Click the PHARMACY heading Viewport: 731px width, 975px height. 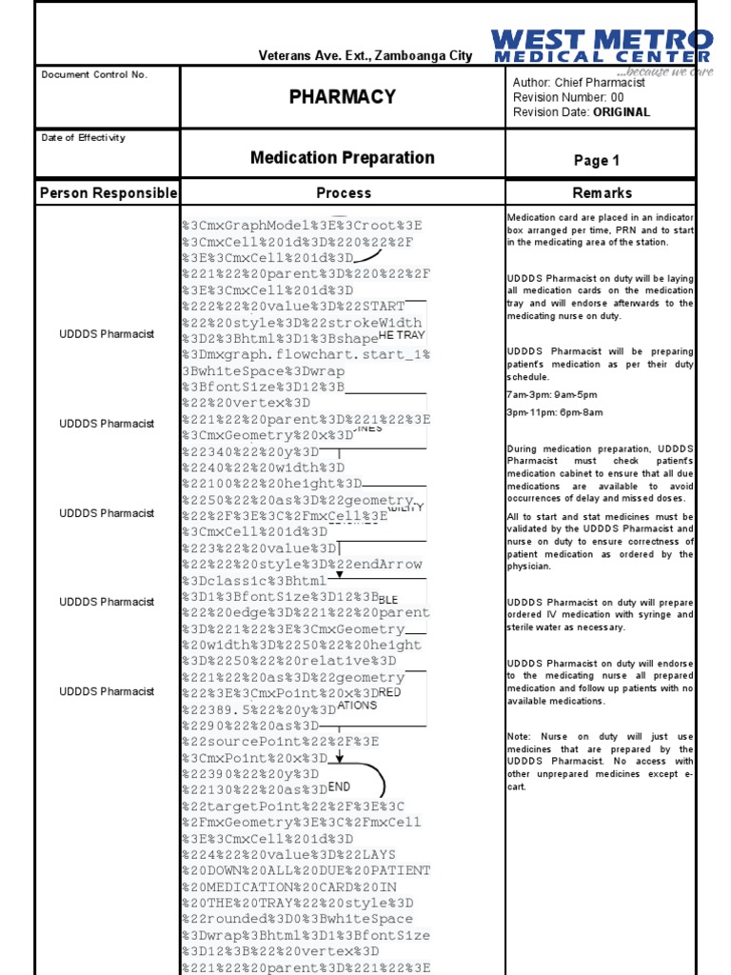click(x=343, y=97)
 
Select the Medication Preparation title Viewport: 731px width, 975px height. click(x=343, y=158)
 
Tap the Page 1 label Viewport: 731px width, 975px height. click(x=597, y=161)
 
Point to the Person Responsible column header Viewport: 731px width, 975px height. click(x=108, y=193)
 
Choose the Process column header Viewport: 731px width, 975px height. click(x=344, y=193)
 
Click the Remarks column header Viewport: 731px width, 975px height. click(x=602, y=193)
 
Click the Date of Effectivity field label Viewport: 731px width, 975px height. click(x=83, y=138)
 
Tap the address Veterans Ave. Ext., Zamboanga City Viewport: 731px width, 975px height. click(x=365, y=56)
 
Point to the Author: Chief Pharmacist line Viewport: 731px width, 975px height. click(x=579, y=83)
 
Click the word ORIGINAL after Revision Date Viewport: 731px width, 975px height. click(x=622, y=112)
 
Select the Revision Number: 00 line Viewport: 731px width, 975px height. click(x=568, y=97)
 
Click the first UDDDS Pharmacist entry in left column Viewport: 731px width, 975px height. click(x=107, y=334)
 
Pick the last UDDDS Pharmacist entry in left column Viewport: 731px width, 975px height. click(x=107, y=691)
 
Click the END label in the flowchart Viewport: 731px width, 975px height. click(x=340, y=788)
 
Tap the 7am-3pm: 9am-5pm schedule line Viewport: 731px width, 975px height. click(x=552, y=395)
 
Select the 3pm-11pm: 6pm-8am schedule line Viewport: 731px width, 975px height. click(x=555, y=412)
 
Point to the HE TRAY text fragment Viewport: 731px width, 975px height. click(x=402, y=336)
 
